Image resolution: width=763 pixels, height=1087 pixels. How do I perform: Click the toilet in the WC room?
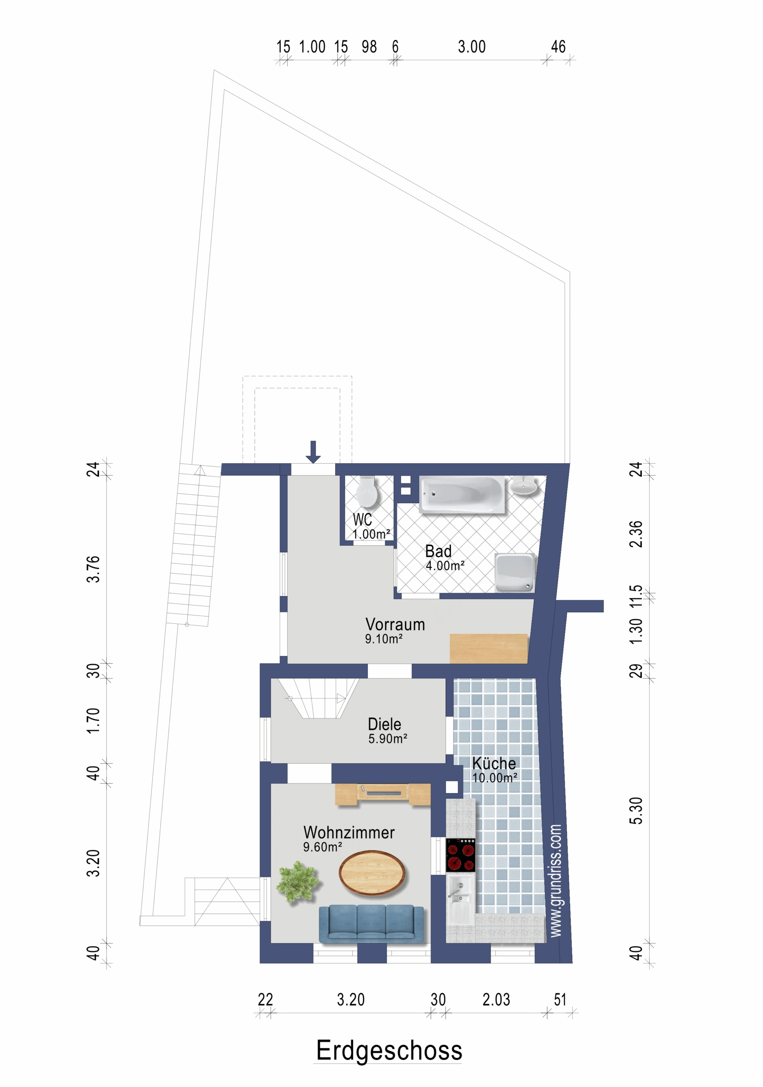click(x=366, y=491)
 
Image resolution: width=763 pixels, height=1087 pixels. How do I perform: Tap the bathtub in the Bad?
click(x=462, y=495)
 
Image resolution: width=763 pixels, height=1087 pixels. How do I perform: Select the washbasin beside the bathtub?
click(x=524, y=486)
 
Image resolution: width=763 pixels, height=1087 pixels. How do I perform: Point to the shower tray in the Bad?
click(x=514, y=572)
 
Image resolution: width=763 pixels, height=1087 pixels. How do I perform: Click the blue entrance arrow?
click(x=313, y=452)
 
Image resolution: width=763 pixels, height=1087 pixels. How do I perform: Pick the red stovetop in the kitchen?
click(x=461, y=855)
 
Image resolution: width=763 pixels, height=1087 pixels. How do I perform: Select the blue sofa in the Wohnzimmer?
click(x=371, y=924)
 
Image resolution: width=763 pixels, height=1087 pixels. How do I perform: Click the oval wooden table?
click(x=372, y=873)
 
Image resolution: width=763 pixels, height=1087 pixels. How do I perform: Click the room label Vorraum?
click(x=395, y=625)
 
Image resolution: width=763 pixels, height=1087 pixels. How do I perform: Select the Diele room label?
click(x=384, y=724)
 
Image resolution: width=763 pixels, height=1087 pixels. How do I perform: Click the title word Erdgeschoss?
click(x=389, y=1050)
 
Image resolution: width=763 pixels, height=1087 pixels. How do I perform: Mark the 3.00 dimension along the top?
click(x=472, y=47)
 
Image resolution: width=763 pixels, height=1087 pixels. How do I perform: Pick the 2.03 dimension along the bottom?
click(x=496, y=1000)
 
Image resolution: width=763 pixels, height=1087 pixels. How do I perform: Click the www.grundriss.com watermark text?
click(x=556, y=881)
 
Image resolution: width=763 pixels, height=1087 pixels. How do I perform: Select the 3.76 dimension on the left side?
click(x=93, y=569)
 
